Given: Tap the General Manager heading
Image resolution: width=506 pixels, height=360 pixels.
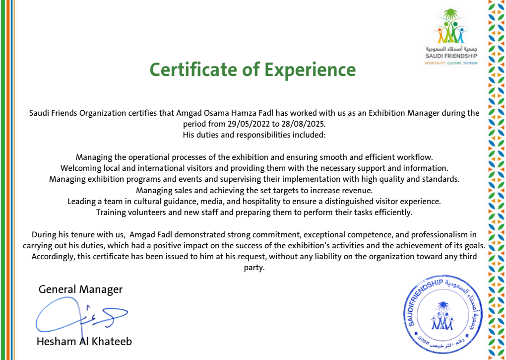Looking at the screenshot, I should tap(80, 289).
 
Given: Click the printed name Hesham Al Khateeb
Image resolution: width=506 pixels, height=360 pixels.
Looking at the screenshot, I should tap(84, 342).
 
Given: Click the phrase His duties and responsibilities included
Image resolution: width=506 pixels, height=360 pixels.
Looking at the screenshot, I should tap(253, 135).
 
